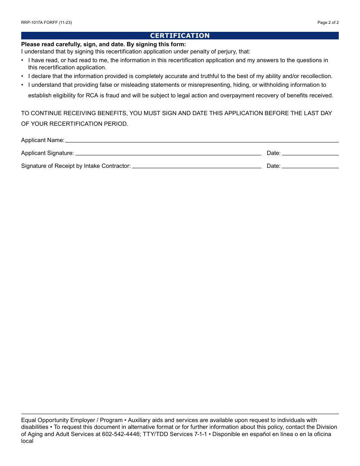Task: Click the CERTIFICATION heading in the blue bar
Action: [x=180, y=36]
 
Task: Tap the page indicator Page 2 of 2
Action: [x=328, y=22]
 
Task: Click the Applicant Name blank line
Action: [x=202, y=140]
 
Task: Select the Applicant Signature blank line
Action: [x=168, y=153]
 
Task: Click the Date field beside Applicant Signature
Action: [x=310, y=153]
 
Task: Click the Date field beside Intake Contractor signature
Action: [x=310, y=166]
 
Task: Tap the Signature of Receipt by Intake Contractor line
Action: [x=196, y=166]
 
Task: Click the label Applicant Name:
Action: [x=42, y=140]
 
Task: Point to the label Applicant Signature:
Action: [x=47, y=153]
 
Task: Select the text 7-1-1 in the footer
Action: [x=200, y=434]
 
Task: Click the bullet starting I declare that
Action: [x=180, y=76]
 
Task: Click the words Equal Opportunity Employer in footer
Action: [x=58, y=420]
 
